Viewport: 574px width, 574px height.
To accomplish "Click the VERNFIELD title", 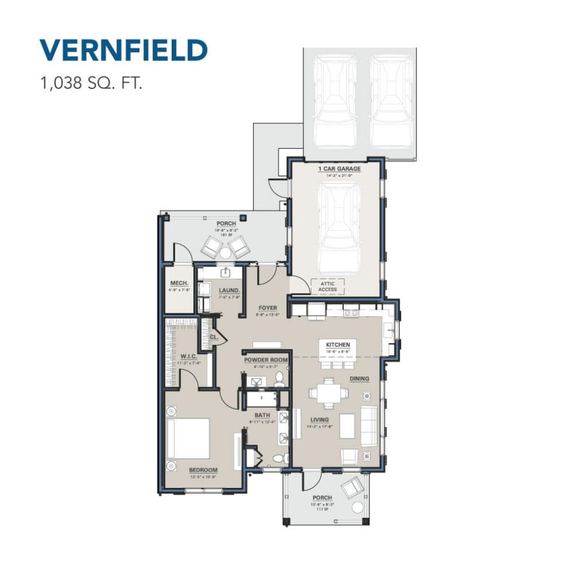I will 123,51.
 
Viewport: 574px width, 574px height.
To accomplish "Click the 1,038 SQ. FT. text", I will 91,83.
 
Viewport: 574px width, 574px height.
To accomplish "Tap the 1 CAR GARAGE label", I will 339,169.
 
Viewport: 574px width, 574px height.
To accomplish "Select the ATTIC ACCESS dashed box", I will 327,286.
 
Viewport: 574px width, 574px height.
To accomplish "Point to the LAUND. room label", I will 228,290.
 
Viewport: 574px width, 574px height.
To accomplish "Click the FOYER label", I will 266,307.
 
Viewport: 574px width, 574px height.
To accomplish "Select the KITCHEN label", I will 338,345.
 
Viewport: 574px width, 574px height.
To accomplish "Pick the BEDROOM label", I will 203,470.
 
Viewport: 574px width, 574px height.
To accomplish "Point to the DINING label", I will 360,379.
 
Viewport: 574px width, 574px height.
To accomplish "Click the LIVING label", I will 320,420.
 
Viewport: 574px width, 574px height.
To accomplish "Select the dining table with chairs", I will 328,393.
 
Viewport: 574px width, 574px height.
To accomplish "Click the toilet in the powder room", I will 280,379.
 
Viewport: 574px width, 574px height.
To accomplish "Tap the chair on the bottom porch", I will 353,487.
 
